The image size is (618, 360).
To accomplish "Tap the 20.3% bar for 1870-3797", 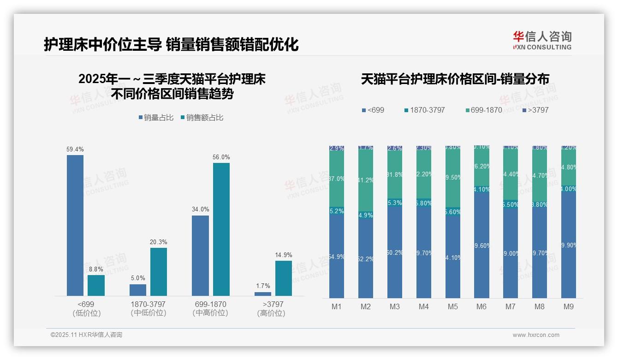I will tap(159, 272).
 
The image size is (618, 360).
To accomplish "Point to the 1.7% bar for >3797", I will tap(263, 294).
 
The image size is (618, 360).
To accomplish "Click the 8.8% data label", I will tap(96, 270).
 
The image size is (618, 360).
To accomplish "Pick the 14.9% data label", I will tap(284, 255).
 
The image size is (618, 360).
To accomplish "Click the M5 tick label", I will tap(453, 307).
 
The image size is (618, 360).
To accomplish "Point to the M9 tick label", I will tap(569, 307).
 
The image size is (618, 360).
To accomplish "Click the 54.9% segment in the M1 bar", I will tap(337, 256).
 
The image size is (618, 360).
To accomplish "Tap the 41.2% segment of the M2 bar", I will tap(366, 180).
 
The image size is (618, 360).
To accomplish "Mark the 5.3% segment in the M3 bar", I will tap(395, 203).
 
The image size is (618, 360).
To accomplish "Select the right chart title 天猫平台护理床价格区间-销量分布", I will tap(455, 79).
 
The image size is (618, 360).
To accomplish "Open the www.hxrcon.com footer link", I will tap(536, 335).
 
